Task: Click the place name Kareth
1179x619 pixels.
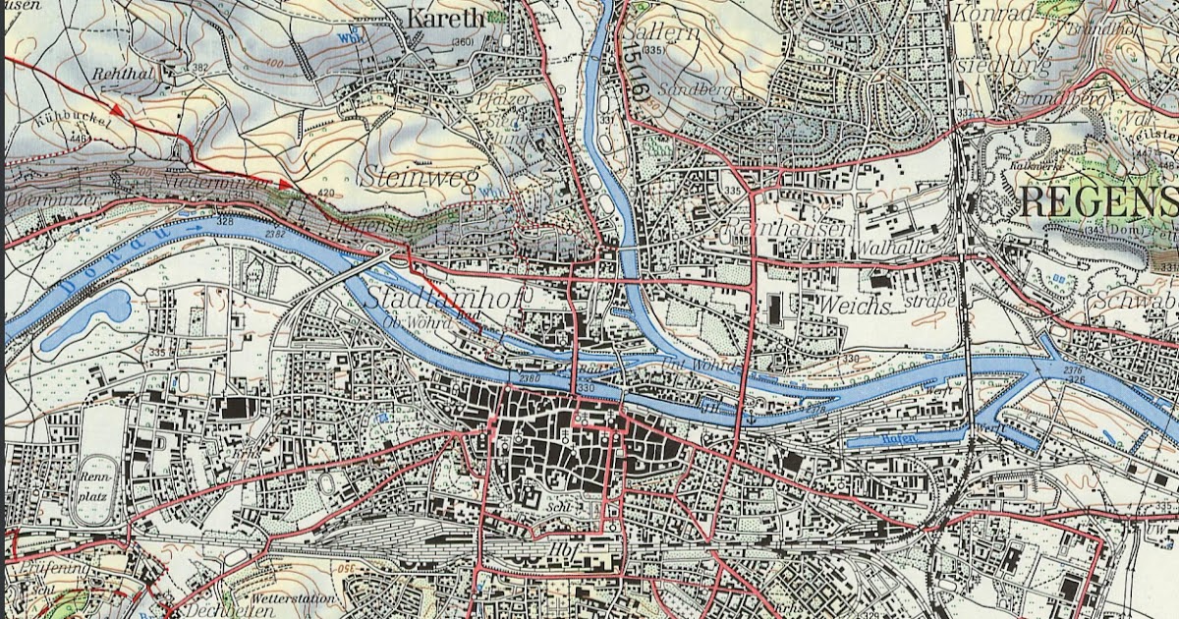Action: [x=446, y=18]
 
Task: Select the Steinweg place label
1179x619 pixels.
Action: [x=404, y=177]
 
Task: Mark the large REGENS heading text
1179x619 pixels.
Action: [x=1098, y=201]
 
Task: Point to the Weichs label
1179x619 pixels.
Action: [x=852, y=305]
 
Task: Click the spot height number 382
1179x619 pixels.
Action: [x=200, y=67]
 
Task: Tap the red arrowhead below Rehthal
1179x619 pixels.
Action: [x=117, y=109]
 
